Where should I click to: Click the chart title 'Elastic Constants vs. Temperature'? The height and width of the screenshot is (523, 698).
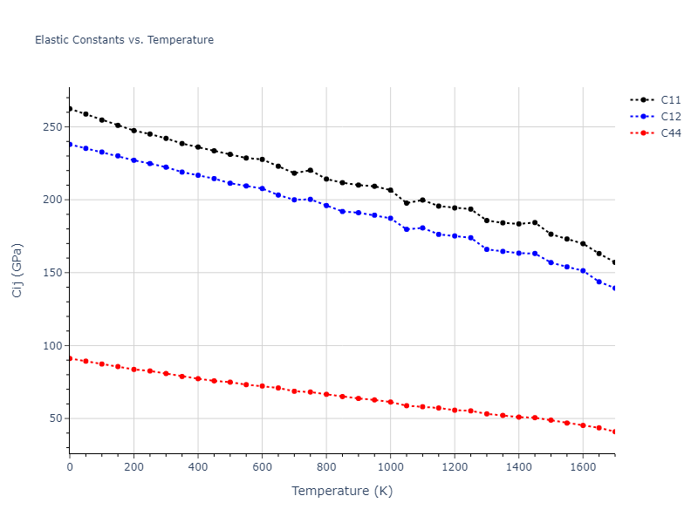124,40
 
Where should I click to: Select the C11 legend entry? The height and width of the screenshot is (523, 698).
670,100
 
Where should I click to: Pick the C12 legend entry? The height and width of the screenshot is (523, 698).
670,117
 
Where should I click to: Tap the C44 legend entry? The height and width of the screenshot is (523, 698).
670,133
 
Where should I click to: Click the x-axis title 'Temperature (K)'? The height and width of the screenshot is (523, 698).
342,491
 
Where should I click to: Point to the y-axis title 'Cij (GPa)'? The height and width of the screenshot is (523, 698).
17,270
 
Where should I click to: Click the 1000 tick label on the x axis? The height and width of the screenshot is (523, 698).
390,468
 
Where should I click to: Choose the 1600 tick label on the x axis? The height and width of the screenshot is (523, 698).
583,468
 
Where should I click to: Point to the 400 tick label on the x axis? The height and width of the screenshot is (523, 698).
198,468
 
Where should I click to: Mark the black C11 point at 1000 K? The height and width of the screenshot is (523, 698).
390,190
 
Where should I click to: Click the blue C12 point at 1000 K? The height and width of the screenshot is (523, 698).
390,218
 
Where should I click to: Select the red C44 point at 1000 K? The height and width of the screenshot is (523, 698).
390,402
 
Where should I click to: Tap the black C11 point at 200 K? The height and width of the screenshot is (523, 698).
133,131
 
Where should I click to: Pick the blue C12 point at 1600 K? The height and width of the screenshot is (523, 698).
583,271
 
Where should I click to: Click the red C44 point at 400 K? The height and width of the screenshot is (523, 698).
198,378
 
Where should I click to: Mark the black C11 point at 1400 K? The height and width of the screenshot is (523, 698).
518,224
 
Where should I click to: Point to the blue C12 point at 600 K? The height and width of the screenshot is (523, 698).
262,188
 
